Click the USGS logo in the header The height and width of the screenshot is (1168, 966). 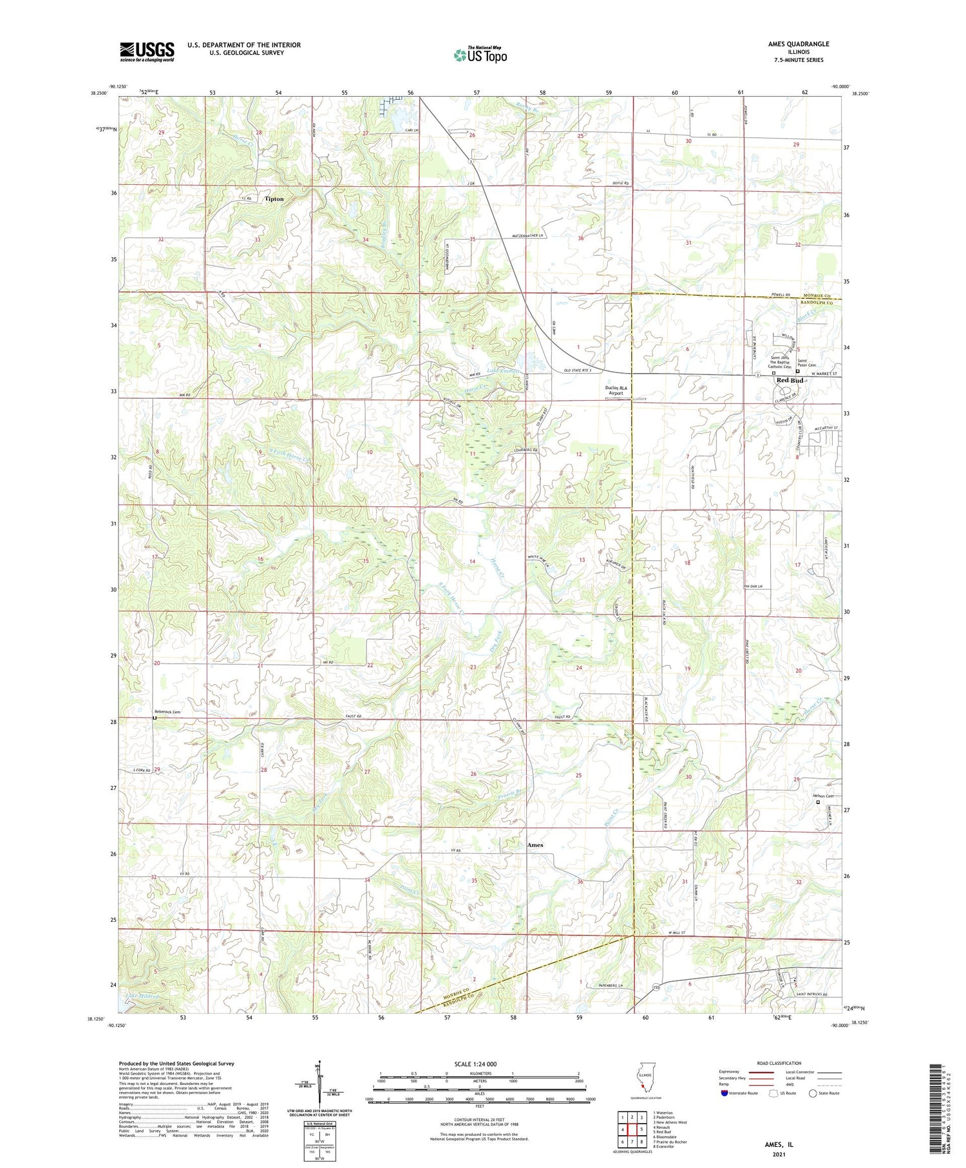tap(147, 52)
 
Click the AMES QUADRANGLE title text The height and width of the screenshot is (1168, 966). tap(799, 44)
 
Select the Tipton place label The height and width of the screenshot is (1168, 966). tap(274, 199)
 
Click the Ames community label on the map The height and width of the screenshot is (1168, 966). tap(535, 845)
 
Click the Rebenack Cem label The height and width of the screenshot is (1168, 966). tap(166, 712)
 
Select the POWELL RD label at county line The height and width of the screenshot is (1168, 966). tap(781, 295)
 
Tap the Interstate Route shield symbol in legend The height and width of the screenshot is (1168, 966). tap(724, 1093)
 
